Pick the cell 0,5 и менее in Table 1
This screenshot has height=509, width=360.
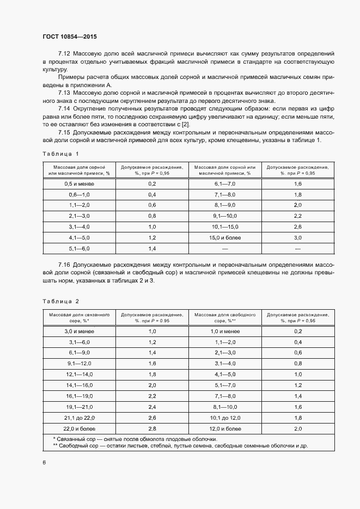(79, 184)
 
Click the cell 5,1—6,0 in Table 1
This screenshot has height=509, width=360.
(79, 248)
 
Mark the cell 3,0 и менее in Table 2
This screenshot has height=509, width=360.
(79, 331)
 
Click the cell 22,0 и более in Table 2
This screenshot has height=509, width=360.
(79, 429)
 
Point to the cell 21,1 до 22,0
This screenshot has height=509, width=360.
(79, 417)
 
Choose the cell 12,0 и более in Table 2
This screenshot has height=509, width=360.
(224, 429)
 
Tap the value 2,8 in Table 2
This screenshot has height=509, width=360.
(152, 429)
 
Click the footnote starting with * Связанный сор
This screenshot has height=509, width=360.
(135, 439)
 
